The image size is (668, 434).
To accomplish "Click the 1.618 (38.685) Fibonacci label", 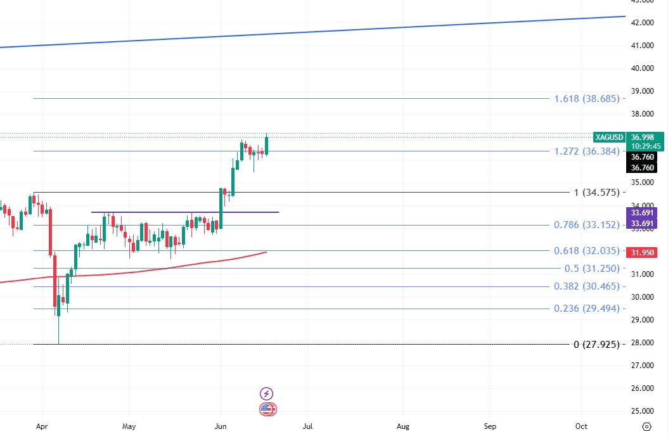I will point(586,99).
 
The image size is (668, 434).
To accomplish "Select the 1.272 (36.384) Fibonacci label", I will point(586,151).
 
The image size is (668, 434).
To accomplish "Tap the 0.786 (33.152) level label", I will point(586,225).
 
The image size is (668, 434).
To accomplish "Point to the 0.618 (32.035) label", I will point(586,251).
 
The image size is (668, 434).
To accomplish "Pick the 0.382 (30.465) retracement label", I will point(586,286).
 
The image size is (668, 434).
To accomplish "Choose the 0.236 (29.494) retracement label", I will point(586,309).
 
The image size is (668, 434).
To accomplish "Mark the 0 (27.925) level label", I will point(596,345).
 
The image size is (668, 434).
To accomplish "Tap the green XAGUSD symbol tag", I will point(610,137).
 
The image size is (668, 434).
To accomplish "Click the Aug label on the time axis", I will point(403,426).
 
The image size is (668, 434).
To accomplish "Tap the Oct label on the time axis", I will point(582,426).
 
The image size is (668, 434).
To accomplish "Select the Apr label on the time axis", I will point(42,426).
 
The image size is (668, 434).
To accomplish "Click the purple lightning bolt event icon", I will point(267,393).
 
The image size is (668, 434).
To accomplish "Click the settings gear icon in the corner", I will point(646,426).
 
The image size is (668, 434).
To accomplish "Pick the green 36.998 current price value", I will point(645,137).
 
